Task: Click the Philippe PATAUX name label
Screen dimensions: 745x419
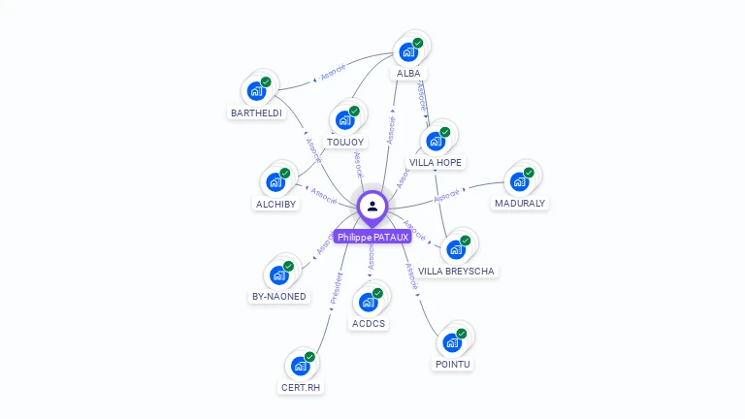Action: pos(372,237)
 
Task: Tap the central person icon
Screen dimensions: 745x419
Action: pos(372,206)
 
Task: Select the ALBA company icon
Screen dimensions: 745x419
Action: pos(408,51)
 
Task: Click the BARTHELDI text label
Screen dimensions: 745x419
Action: pos(256,113)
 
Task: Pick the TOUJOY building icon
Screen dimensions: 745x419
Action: pos(344,120)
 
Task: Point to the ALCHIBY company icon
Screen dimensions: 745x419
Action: pos(276,181)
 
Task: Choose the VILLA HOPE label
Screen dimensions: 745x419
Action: pos(436,162)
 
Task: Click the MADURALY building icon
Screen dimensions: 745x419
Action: pos(520,181)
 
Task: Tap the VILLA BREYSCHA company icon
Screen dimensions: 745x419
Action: pos(455,249)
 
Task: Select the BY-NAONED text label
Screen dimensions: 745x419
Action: pos(278,297)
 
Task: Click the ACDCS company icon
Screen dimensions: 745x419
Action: pos(369,302)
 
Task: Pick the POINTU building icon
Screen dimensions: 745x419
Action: pos(452,342)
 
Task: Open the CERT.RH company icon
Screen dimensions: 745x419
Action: pos(301,366)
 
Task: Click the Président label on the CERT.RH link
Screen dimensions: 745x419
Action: pos(337,290)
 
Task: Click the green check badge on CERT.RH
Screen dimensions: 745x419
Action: pos(310,357)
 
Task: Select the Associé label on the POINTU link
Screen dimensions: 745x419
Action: pos(411,277)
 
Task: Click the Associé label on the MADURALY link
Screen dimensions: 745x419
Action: pos(447,196)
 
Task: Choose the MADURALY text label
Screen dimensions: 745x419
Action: pos(520,204)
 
